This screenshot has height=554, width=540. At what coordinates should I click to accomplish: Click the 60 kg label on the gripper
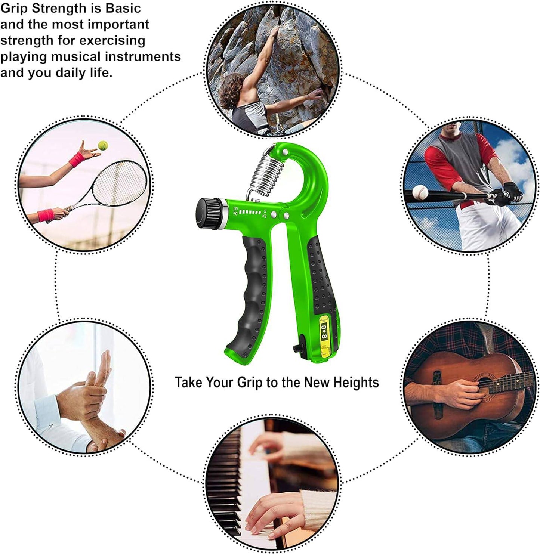[235, 210]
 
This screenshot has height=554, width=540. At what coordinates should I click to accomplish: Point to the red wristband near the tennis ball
[77, 159]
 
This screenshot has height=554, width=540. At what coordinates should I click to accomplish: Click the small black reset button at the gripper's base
[298, 347]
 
